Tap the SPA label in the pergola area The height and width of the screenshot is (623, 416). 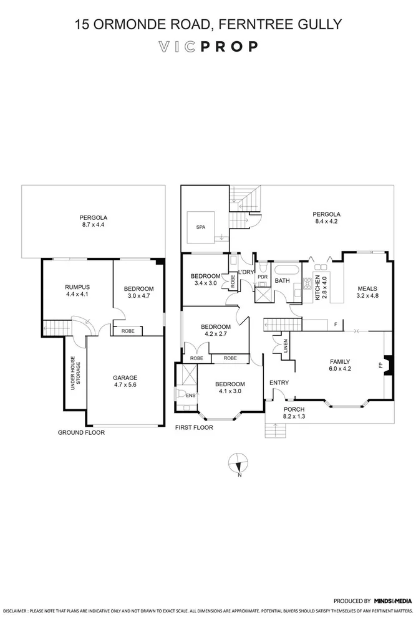[x=200, y=227]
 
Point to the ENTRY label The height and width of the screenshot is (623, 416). [x=278, y=383]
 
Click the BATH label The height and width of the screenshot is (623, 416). [x=283, y=281]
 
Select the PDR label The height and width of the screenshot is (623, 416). [x=263, y=277]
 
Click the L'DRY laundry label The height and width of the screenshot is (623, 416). [x=246, y=272]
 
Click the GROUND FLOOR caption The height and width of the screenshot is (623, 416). [x=81, y=432]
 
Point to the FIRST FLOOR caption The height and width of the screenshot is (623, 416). [x=194, y=427]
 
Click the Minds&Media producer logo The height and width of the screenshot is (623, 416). [x=393, y=601]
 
